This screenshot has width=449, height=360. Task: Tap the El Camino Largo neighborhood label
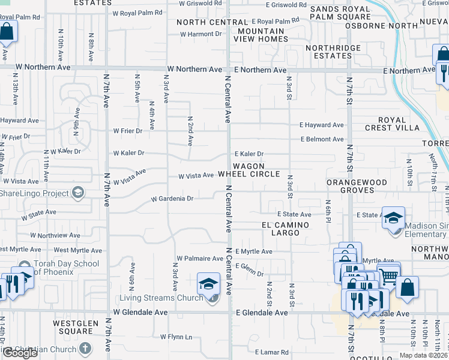(285, 229)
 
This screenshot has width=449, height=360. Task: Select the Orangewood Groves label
(351, 185)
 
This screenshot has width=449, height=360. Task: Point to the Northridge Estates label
(328, 52)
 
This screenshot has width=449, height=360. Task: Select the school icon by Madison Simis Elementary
(393, 217)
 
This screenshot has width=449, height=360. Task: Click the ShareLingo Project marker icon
(77, 193)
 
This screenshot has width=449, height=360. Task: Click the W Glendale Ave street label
(140, 313)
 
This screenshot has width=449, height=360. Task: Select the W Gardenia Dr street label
(172, 198)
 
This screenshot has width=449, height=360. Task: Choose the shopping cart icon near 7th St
(389, 275)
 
